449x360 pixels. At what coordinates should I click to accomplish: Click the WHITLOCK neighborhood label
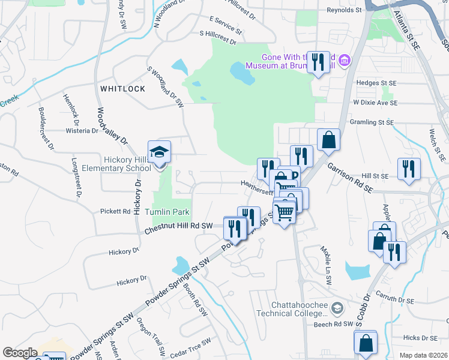coord(122,88)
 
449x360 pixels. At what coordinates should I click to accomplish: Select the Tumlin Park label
coord(167,212)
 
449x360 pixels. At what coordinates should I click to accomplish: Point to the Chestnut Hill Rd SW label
coord(179,226)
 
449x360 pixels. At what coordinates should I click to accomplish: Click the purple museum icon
coord(345,60)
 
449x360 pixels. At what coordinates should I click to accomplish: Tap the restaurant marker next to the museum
coord(318,62)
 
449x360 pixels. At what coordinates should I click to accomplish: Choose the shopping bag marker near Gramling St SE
coord(328,140)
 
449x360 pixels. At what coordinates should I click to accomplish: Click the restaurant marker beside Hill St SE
coord(409,169)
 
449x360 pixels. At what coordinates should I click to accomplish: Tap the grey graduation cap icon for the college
coord(338,308)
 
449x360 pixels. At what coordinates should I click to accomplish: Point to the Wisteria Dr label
coord(82,130)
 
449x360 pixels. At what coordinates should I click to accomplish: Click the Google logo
coord(20,353)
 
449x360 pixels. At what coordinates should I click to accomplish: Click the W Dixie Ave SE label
coord(375,103)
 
